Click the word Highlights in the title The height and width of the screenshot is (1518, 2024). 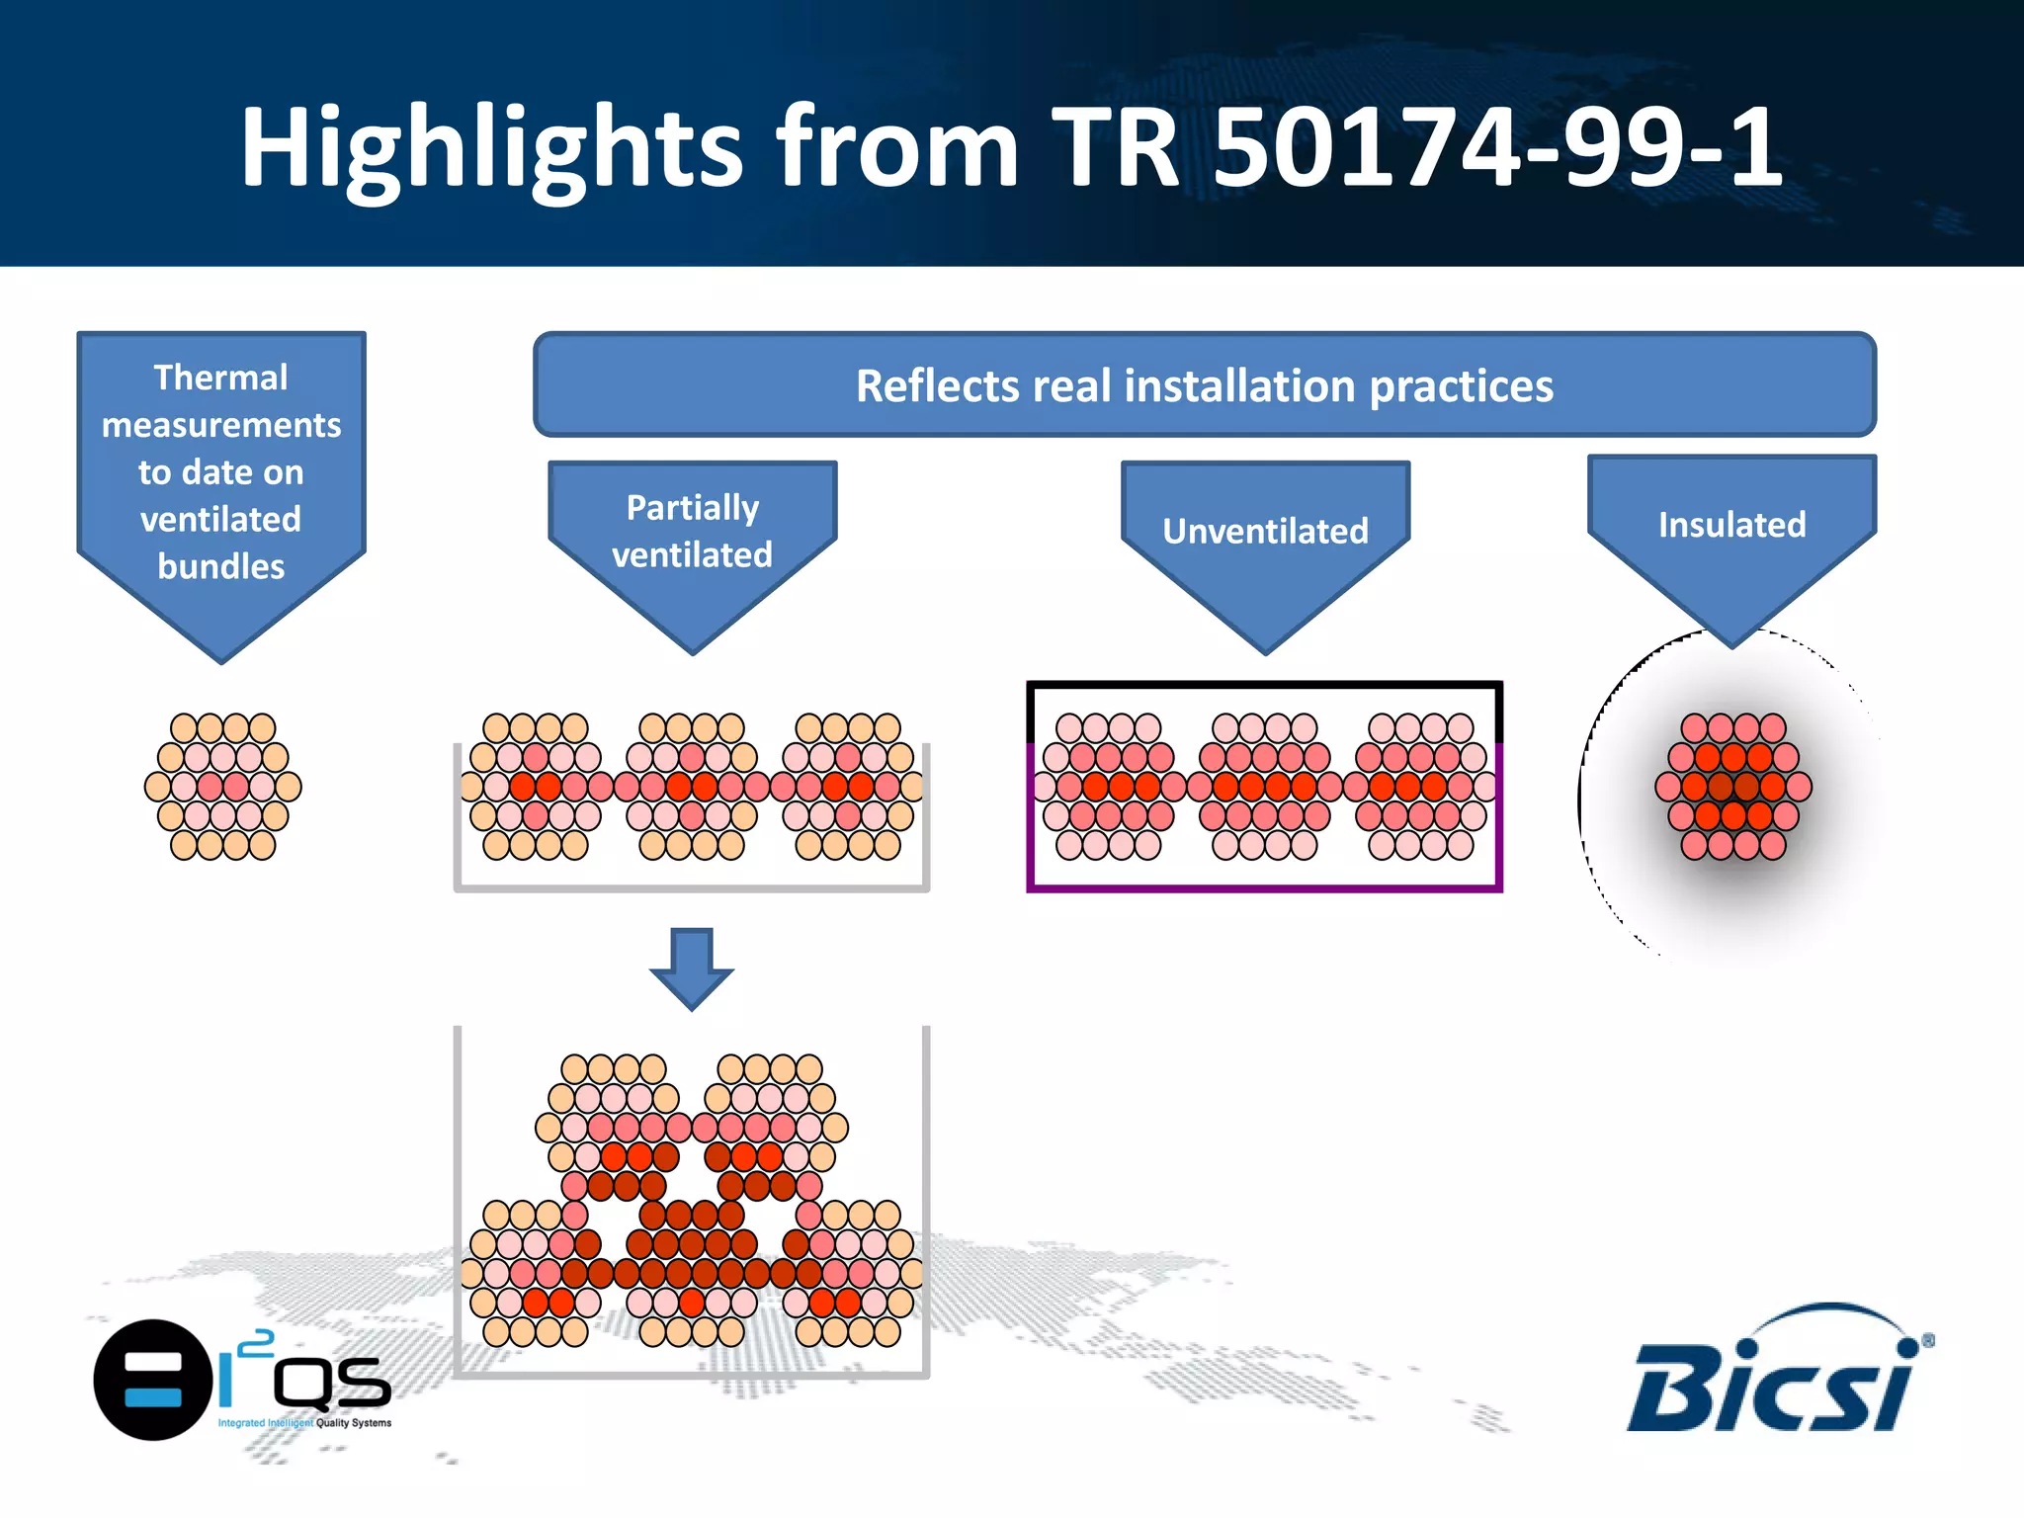491,148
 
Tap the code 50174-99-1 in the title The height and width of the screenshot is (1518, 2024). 1497,148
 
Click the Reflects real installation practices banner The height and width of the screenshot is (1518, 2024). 1204,385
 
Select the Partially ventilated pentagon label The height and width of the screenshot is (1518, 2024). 692,532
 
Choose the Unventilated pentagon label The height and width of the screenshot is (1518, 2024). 1265,532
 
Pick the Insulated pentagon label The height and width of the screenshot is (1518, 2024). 1731,525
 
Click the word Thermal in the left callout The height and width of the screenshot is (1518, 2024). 220,378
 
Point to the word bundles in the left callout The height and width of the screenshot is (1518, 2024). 220,566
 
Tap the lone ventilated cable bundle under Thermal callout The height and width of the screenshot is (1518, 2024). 223,787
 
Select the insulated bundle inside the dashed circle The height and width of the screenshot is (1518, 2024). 1733,787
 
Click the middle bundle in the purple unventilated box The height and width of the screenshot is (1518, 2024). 1265,787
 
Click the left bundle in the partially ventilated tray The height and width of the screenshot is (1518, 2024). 535,787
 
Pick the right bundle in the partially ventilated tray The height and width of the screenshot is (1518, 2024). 848,787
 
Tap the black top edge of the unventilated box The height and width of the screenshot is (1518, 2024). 1265,684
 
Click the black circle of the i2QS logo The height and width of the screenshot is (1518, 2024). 152,1380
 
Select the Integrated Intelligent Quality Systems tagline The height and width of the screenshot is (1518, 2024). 304,1423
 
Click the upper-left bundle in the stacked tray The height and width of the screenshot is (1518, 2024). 614,1127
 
